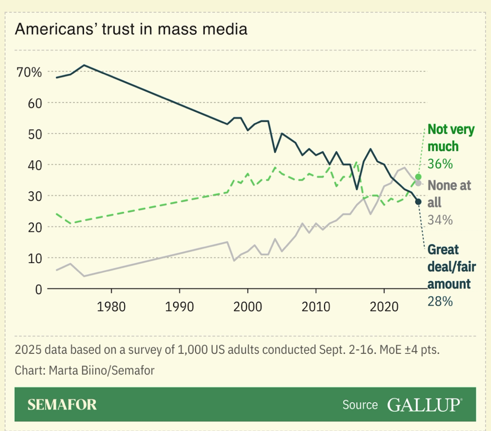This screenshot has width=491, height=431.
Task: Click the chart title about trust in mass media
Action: [x=131, y=29]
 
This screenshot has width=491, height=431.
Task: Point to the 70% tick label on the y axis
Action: [x=29, y=72]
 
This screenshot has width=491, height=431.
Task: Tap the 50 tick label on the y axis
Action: [x=35, y=134]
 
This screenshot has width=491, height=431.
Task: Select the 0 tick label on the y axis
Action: [x=39, y=290]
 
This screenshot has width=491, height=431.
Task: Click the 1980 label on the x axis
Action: [x=111, y=307]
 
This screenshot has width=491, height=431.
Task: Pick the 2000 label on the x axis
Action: [x=248, y=307]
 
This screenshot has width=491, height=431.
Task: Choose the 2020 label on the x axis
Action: [x=384, y=307]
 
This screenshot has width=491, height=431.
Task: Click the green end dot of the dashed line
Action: [x=418, y=177]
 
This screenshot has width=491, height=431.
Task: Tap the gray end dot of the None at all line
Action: [x=418, y=183]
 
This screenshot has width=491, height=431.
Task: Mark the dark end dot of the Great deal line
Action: [x=418, y=202]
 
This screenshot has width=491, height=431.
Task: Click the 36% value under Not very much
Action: [x=440, y=164]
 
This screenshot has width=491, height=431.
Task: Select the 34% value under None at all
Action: [x=440, y=220]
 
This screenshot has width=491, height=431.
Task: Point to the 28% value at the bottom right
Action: [x=440, y=302]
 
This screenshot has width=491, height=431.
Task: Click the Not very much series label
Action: [x=451, y=138]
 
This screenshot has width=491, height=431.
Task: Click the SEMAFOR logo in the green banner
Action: [x=62, y=405]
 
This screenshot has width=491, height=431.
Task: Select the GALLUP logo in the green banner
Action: [x=425, y=405]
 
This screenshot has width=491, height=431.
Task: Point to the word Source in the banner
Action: [x=360, y=405]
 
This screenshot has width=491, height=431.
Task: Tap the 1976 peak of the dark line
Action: [x=84, y=65]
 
